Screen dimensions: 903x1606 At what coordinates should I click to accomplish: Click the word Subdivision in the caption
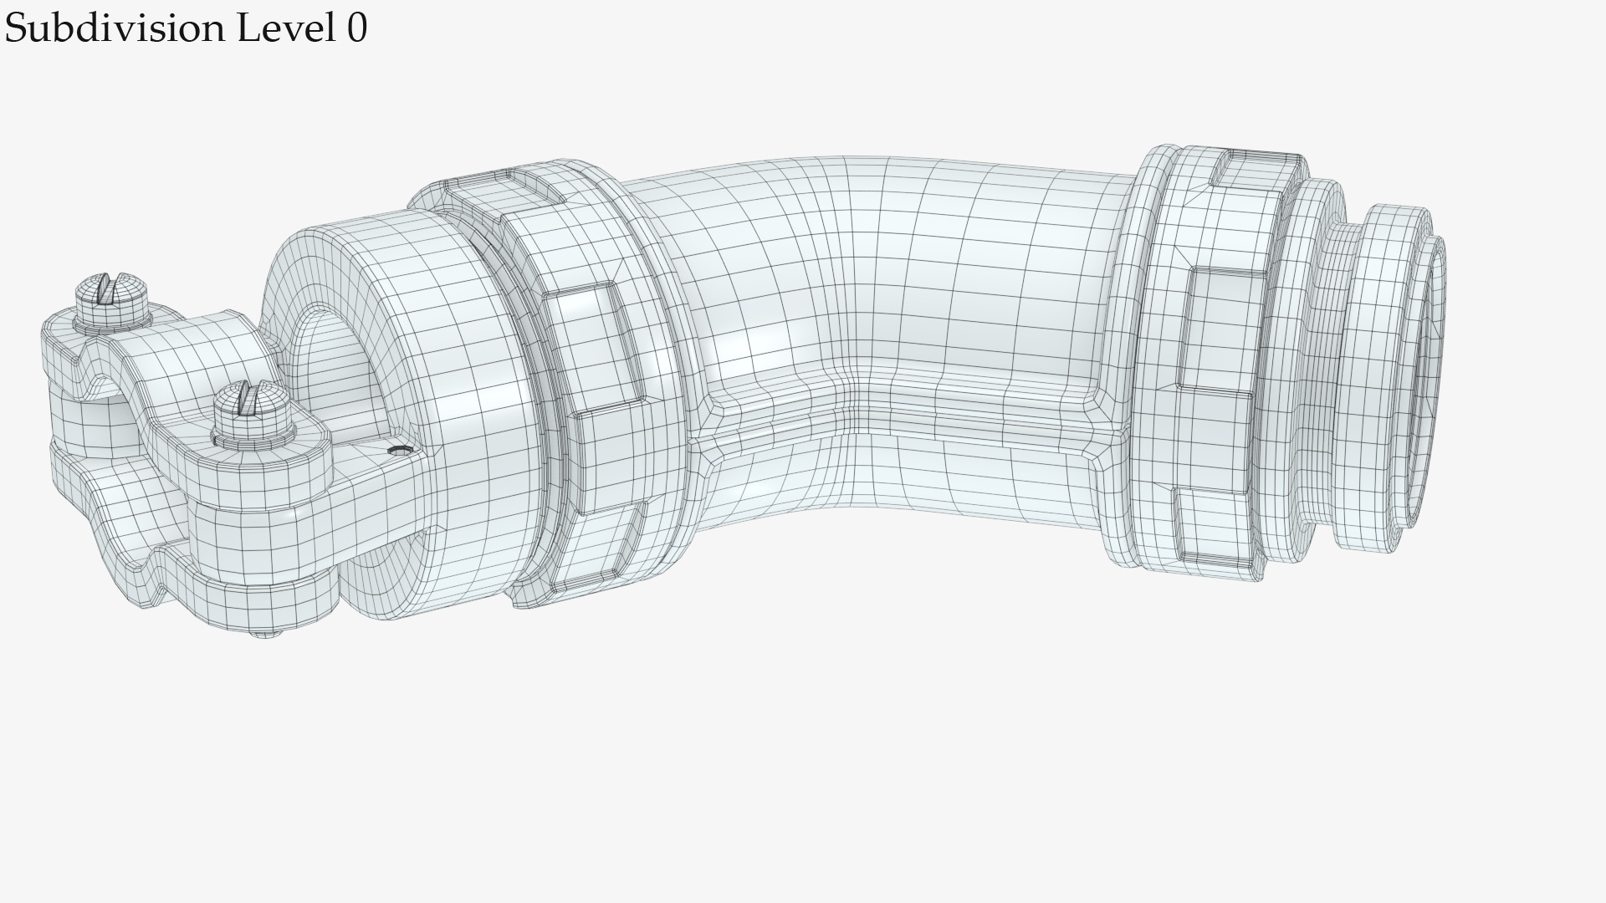(115, 28)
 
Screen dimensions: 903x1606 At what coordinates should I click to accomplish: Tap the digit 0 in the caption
(356, 28)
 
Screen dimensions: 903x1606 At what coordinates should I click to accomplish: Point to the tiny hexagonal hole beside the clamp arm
(399, 451)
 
